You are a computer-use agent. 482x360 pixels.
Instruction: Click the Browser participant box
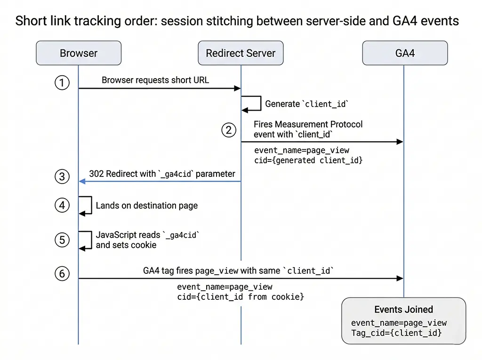tap(79, 53)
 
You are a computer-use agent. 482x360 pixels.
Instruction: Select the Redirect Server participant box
tap(241, 53)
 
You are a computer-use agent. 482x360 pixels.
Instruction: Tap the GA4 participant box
tap(404, 53)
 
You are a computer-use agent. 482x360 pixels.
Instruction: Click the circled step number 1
tap(62, 83)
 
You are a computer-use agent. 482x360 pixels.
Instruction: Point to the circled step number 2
tap(229, 130)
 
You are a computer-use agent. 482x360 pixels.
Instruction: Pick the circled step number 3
tap(62, 177)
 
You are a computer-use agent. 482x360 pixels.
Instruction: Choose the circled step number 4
tap(62, 206)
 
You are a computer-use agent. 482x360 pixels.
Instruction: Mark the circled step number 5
tap(62, 240)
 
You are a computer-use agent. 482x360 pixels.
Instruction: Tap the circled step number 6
tap(62, 273)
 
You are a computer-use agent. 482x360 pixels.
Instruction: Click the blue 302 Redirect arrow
tap(160, 182)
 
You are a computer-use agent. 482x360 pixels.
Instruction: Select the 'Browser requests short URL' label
tap(155, 80)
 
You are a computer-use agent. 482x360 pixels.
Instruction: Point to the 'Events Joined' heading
tap(403, 309)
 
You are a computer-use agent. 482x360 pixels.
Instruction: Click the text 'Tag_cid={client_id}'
tap(396, 333)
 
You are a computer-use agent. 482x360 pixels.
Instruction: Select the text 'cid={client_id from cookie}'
tap(241, 297)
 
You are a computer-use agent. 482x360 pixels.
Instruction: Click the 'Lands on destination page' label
tap(147, 206)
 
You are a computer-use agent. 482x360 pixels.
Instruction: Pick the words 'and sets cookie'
tap(126, 245)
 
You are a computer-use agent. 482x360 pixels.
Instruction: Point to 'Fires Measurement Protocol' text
tap(308, 124)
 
